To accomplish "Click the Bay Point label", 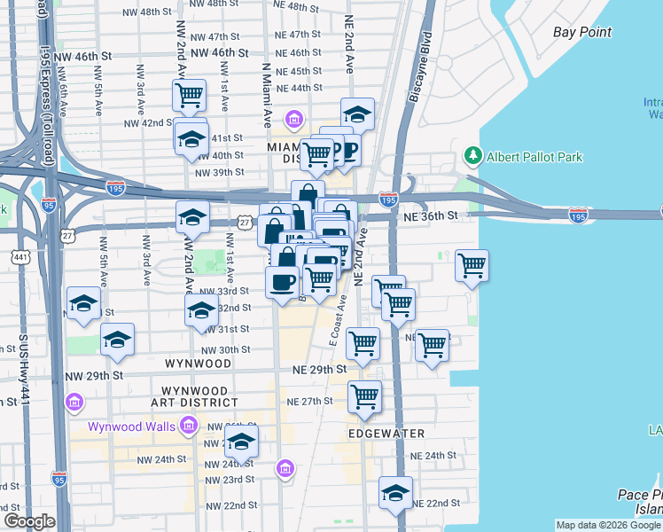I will (582, 32).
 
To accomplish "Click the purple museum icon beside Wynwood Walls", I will (188, 427).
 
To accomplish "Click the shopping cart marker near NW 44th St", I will (189, 95).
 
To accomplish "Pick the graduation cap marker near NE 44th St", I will (357, 113).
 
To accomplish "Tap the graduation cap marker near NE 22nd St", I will (395, 494).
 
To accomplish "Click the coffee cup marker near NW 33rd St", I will (282, 282).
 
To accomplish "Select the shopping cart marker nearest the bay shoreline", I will (472, 265).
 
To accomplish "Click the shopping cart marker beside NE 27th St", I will (364, 397).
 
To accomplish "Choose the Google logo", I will (29, 521).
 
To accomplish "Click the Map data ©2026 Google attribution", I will (607, 525).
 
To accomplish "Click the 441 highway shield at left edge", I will (19, 256).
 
